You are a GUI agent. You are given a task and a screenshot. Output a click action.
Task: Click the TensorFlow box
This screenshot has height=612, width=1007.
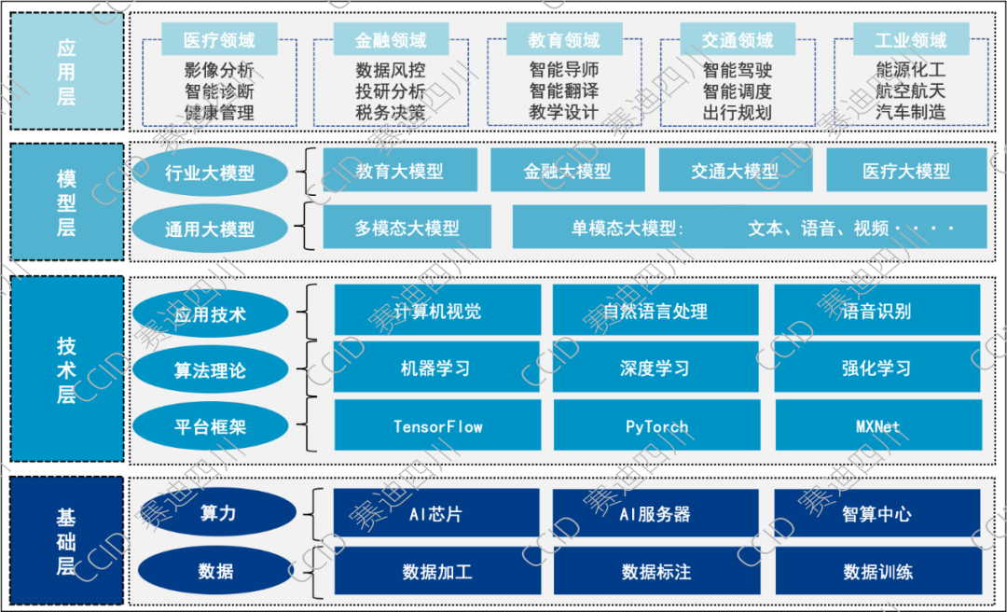437,426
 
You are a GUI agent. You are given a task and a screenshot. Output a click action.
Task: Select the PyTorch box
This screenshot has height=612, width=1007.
656,426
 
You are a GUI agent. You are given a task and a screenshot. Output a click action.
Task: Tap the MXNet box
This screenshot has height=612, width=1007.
876,426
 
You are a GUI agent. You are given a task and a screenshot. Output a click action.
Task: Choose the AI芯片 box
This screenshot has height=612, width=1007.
437,513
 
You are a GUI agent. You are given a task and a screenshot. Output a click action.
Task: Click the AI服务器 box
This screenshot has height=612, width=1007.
656,513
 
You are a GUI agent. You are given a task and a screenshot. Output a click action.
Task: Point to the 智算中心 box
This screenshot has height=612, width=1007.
876,513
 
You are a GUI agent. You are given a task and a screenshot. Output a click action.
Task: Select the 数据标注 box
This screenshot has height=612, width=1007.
656,571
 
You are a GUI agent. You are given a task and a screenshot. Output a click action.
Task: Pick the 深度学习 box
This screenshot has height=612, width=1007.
656,368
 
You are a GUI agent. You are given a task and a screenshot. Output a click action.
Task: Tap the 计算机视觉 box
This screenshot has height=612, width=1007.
437,311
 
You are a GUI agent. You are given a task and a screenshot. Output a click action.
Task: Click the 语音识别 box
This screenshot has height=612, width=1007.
876,311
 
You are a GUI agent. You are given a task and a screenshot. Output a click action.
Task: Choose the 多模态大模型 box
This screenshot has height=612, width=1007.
407,227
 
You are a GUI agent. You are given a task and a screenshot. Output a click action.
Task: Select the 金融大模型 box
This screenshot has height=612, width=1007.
567,171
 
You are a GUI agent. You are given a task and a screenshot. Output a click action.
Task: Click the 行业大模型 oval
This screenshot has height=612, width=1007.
210,173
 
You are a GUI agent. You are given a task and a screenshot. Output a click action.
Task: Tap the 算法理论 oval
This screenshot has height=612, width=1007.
210,370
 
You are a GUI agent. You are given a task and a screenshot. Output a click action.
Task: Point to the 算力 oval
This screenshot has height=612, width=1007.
217,513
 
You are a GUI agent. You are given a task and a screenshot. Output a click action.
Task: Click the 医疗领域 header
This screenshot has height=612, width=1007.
219,40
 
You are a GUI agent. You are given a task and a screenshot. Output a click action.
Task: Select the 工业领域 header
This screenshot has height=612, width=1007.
911,40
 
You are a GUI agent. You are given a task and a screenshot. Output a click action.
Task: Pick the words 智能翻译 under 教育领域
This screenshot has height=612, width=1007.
563,91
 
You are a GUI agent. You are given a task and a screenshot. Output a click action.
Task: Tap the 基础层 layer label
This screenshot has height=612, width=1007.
65,541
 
